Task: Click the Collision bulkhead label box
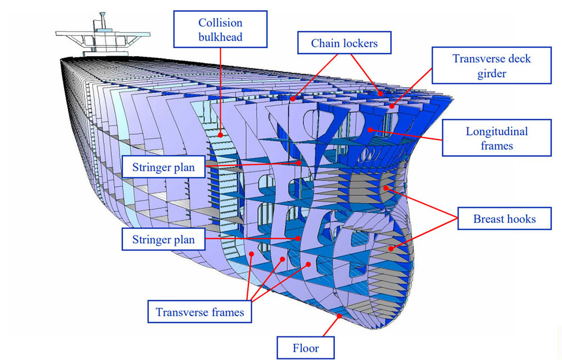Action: click(220, 31)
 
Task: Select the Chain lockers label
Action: click(344, 43)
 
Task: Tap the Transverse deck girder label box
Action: click(492, 66)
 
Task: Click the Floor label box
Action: click(306, 348)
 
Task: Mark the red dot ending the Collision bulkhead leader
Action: click(221, 135)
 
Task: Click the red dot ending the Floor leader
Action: click(339, 317)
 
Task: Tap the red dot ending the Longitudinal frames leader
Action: click(370, 130)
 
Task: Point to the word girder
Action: click(492, 73)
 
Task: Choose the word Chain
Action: click(325, 43)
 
